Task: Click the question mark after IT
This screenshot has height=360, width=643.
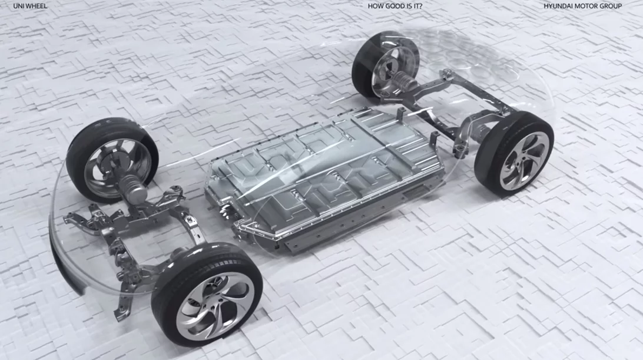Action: (x=420, y=6)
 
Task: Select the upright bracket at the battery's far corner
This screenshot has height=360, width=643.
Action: (x=435, y=140)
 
